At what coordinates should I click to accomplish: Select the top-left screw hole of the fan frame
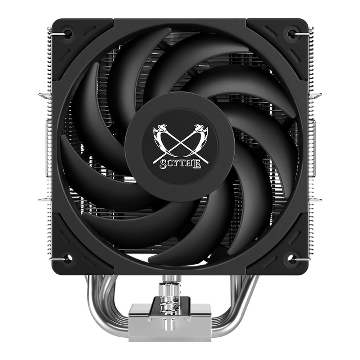(67, 33)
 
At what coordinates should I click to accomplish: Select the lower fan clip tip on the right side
(319, 198)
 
